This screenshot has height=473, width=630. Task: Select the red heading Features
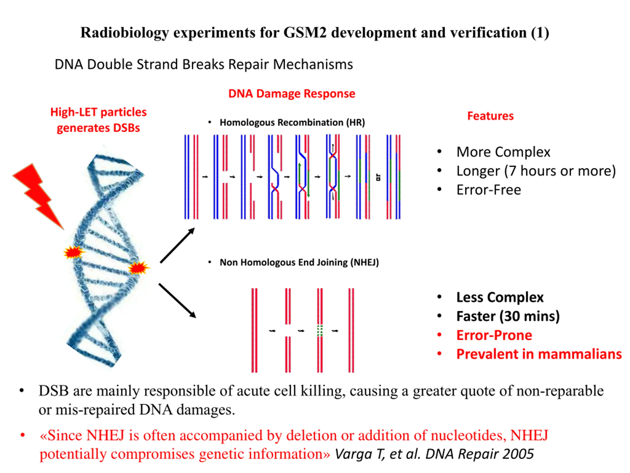[490, 116]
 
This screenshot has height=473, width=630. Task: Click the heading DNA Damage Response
[292, 94]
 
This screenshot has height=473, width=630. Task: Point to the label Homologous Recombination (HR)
[292, 123]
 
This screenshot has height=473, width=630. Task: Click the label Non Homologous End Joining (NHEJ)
[299, 262]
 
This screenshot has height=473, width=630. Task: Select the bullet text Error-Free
[488, 190]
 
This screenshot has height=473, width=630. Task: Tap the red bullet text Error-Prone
[494, 335]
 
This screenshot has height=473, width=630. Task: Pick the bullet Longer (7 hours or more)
[536, 171]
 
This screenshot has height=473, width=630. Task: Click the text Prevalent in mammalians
[538, 354]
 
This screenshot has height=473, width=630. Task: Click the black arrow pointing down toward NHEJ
[177, 301]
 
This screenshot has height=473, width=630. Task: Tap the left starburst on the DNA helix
[74, 252]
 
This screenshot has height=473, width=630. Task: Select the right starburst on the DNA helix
[138, 268]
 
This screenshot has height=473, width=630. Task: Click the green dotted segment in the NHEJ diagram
[320, 331]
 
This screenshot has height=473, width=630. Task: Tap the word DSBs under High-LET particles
[126, 128]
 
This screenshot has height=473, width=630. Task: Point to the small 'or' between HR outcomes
[378, 177]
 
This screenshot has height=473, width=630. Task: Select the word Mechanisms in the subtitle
[313, 65]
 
